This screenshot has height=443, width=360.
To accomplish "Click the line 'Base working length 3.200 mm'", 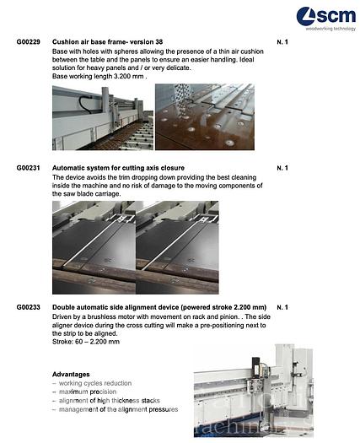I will (x=99, y=76).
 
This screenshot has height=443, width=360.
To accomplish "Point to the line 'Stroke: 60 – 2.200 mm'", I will (x=86, y=342).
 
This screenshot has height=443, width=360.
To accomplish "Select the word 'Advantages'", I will (x=71, y=374).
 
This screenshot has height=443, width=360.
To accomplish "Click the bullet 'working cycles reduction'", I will (x=95, y=383).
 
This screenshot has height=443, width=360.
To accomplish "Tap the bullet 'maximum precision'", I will (x=88, y=392).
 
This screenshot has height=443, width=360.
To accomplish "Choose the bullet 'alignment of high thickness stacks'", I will (x=110, y=400).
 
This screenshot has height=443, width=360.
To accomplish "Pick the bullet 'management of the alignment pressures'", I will (x=116, y=409).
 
